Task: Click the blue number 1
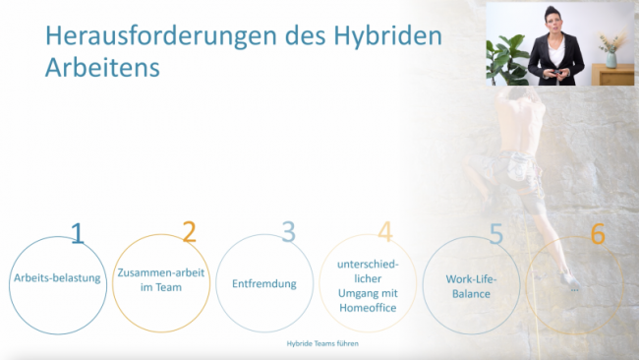coord(78,233)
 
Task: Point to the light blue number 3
coord(288,232)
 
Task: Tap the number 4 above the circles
coord(385,232)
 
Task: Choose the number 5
coord(496,233)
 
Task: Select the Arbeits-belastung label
coord(57,278)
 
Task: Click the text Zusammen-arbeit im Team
coord(160,279)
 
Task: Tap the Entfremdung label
coord(264,282)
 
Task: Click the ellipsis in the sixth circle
coord(574,290)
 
